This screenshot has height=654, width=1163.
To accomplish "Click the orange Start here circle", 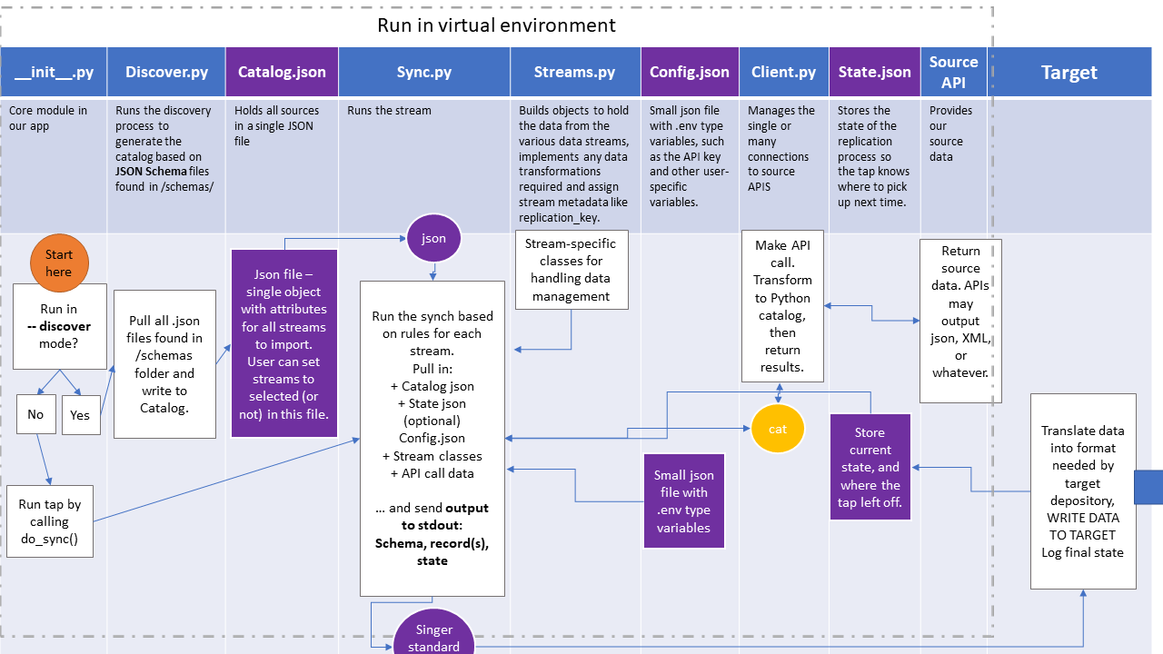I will (x=59, y=263).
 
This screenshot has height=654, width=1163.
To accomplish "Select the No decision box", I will (x=35, y=414).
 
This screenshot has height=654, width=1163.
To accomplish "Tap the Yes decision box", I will (x=81, y=415).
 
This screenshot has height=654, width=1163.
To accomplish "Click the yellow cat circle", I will (x=778, y=429).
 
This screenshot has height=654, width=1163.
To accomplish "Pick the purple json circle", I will (x=433, y=238).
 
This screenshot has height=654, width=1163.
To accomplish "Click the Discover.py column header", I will (x=166, y=72).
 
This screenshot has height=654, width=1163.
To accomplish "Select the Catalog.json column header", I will (x=282, y=72).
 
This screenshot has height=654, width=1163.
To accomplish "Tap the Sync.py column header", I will (x=423, y=72).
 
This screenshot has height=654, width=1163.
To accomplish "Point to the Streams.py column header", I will (x=574, y=72).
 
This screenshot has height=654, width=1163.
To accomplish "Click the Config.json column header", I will (x=690, y=72).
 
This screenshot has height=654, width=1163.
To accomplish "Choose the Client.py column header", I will (x=783, y=72).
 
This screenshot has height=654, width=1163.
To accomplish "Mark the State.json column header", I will (x=874, y=72).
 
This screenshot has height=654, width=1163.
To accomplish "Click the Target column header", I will (x=1069, y=72).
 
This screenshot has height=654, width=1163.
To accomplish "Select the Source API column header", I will (x=953, y=72).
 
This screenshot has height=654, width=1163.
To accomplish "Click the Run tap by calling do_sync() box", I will (x=50, y=521).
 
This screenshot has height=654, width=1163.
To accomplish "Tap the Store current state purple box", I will (x=870, y=467).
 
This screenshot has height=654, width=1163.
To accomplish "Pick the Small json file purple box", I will (x=683, y=500).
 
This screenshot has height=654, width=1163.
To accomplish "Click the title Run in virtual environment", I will (x=496, y=25).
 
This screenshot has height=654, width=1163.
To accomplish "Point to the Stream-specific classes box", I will (x=570, y=270).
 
